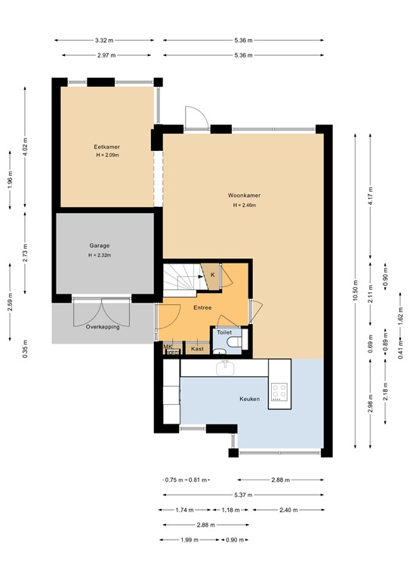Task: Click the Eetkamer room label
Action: point(107,147)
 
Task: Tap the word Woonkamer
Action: point(244,196)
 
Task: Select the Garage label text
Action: point(100,245)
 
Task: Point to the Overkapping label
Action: point(103,327)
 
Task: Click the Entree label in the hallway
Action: point(202,307)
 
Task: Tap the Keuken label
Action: point(250,399)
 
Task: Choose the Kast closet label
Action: point(197,349)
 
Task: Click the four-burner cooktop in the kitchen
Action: point(279,390)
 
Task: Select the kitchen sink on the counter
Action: point(224,368)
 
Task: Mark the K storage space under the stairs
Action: point(212,275)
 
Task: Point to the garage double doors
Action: point(101,311)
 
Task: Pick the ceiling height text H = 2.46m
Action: point(244,205)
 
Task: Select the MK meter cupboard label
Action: point(168,346)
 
